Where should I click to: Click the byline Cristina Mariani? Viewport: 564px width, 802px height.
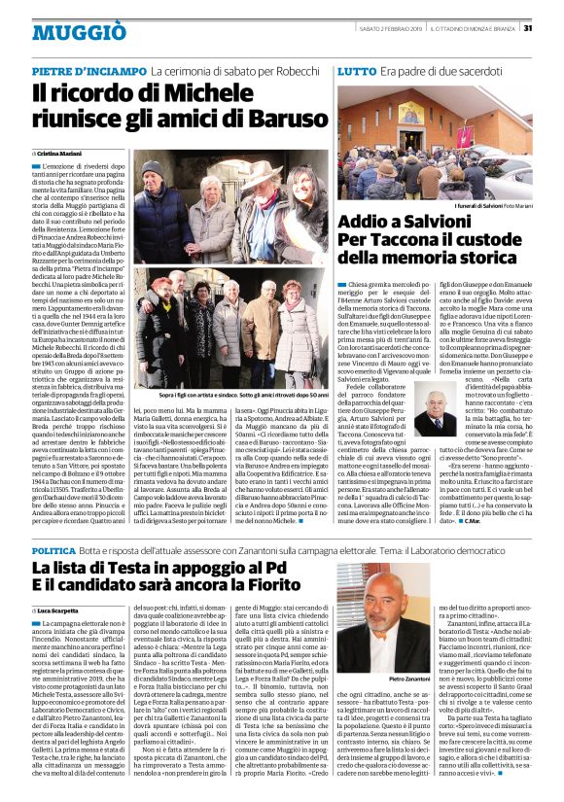pos(60,154)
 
